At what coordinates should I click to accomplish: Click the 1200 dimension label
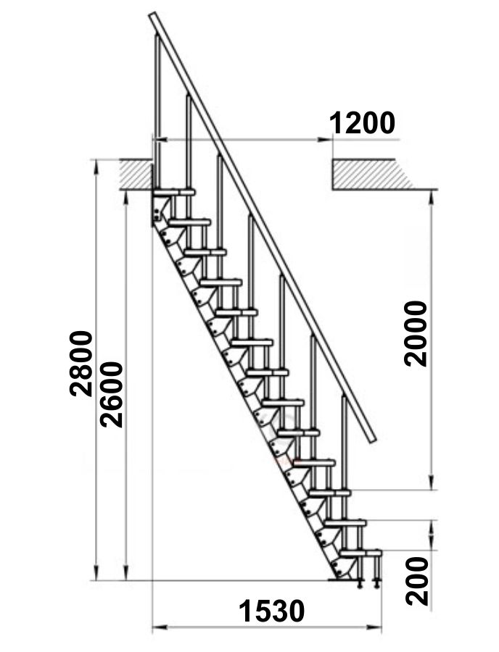tap(362, 123)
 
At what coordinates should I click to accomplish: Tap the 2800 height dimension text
tap(81, 363)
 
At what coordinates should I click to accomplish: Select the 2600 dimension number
tap(112, 395)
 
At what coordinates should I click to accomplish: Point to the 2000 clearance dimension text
tap(416, 334)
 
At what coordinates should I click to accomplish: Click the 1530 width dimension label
tap(271, 611)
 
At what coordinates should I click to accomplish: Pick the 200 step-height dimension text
tap(417, 581)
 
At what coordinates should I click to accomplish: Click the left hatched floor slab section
tap(136, 175)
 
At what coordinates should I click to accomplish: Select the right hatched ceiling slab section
tap(373, 175)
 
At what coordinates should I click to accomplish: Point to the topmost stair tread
tap(174, 192)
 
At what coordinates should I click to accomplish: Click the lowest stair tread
tap(360, 553)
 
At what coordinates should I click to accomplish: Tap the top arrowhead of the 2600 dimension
tap(126, 198)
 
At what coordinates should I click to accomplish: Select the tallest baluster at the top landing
tap(157, 112)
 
